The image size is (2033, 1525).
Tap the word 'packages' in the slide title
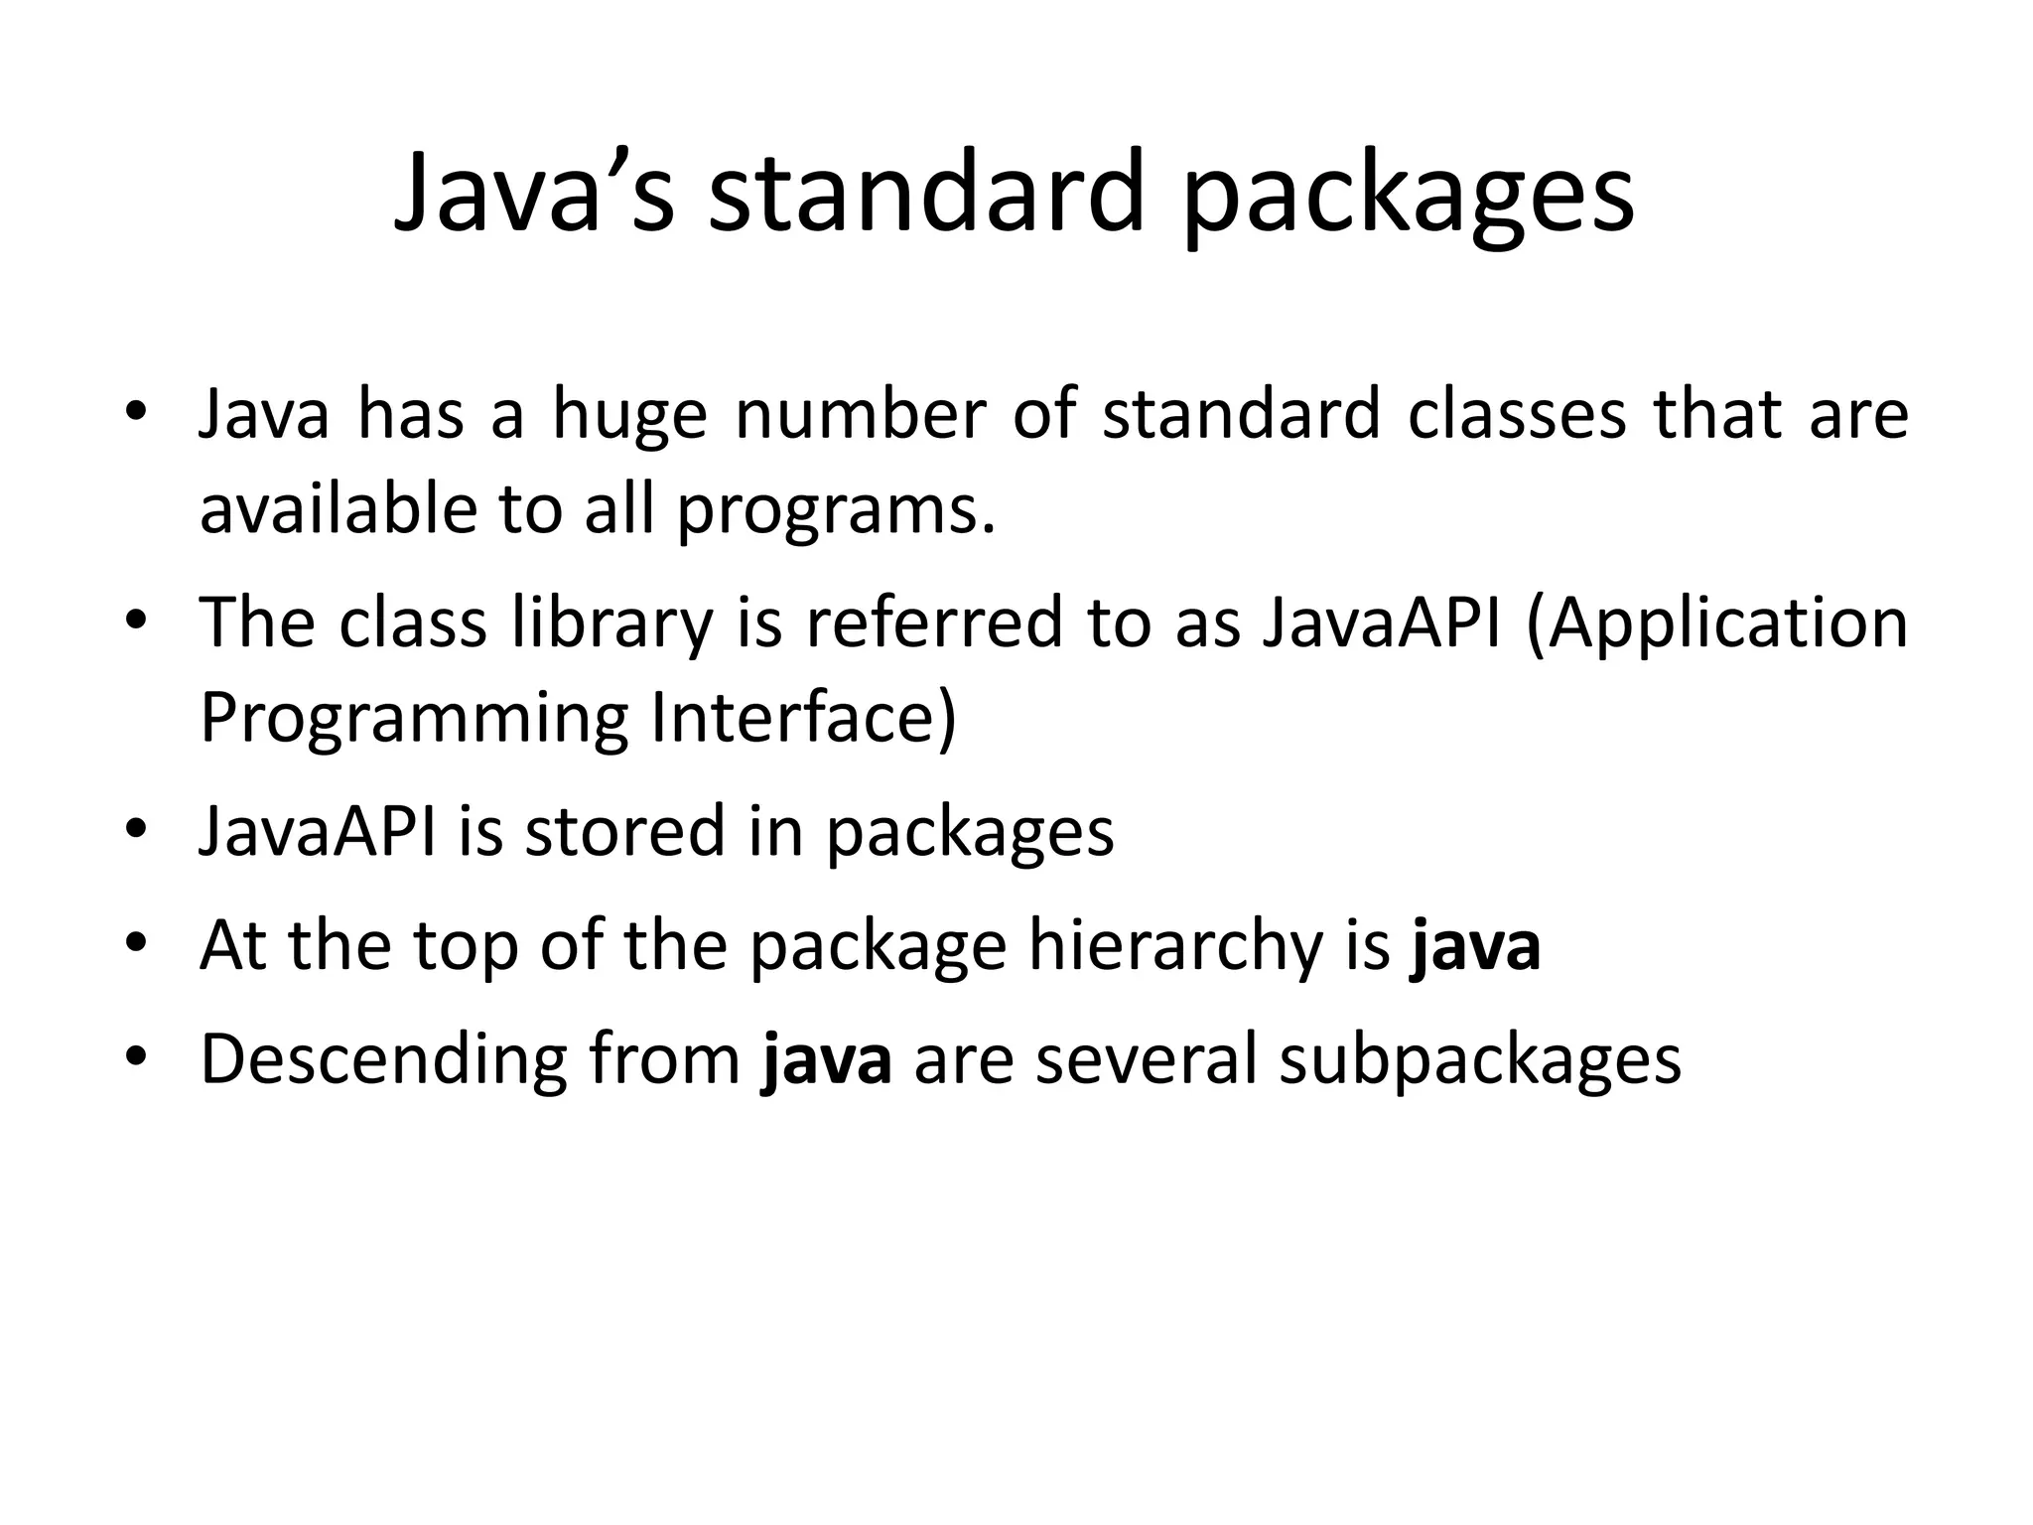[x=1410, y=196]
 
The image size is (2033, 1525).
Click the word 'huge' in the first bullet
[x=629, y=415]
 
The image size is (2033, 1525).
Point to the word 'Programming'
[x=414, y=720]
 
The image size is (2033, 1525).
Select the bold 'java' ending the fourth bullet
[x=1475, y=946]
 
